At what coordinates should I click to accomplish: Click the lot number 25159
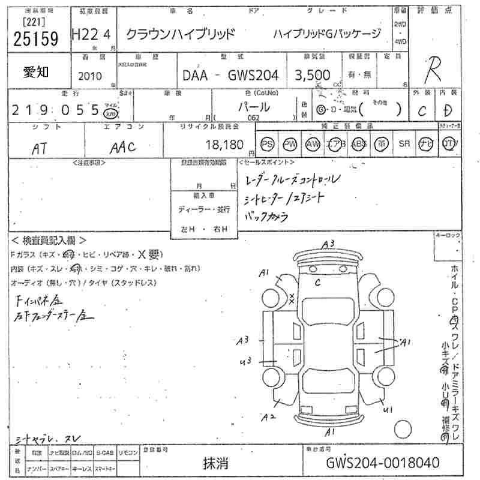36,39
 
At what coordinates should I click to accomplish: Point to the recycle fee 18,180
223,144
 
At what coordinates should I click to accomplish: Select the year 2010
90,76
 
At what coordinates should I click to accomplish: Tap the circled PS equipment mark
268,144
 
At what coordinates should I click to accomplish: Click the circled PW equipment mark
290,144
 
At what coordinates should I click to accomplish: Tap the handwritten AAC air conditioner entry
123,146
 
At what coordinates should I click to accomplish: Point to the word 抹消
215,463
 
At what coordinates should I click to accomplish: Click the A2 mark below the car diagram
268,416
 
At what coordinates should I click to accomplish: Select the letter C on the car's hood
317,281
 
